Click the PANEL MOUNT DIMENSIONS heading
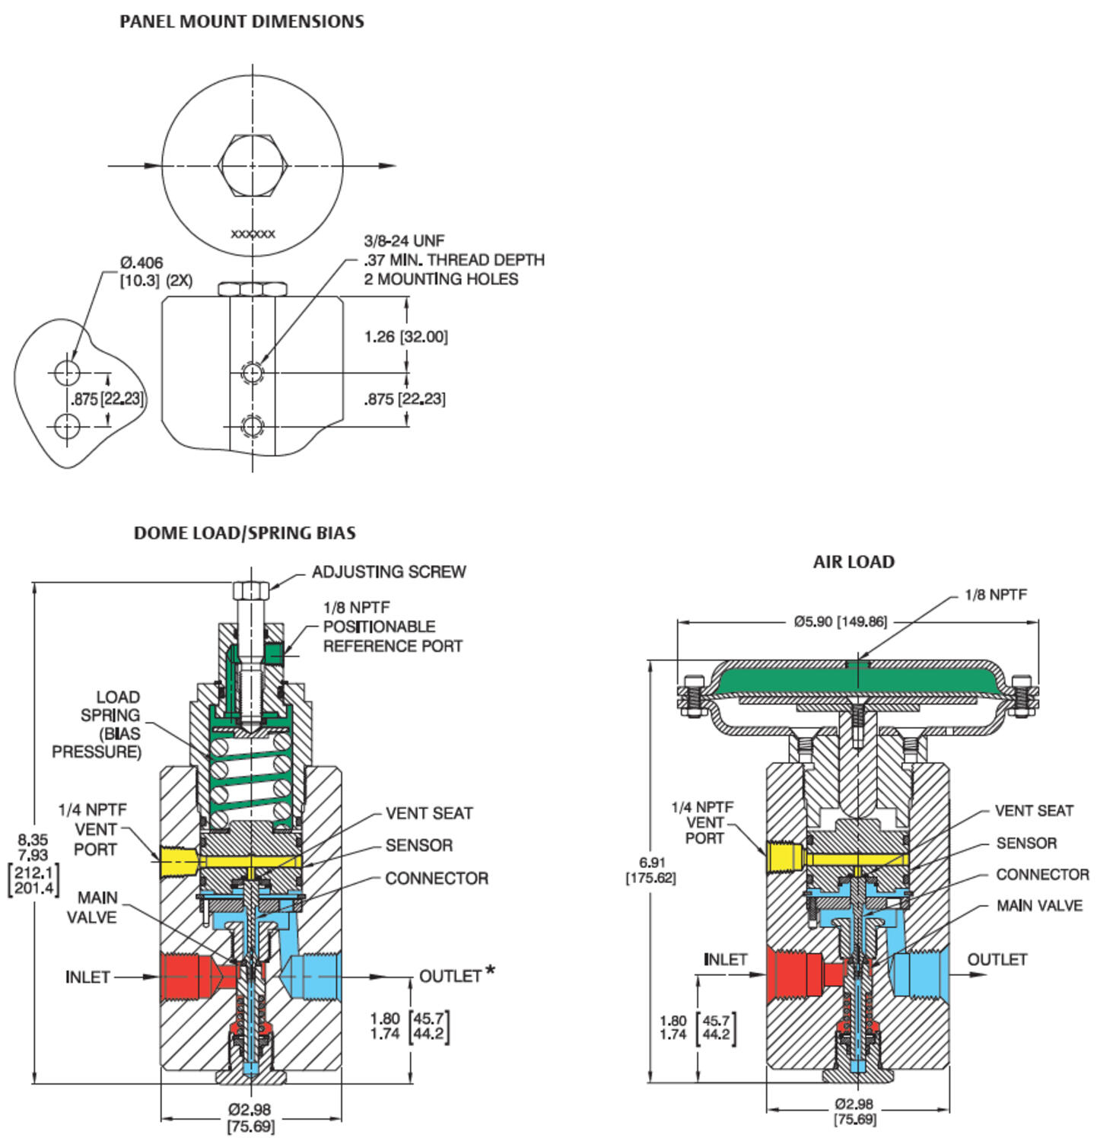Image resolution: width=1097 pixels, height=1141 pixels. [x=242, y=21]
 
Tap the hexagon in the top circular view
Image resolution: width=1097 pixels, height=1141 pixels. [x=252, y=165]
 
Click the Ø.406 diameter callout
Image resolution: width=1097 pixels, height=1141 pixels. [x=141, y=263]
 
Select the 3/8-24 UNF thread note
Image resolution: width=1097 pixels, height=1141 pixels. [x=404, y=241]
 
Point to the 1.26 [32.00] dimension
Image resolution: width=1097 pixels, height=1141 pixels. [x=405, y=336]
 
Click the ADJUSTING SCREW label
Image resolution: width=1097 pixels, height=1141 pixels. [x=389, y=572]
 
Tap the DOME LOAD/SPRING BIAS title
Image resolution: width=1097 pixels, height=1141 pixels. [x=244, y=532]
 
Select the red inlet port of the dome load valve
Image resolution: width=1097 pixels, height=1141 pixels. [x=186, y=975]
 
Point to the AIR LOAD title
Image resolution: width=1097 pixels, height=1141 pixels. [x=854, y=562]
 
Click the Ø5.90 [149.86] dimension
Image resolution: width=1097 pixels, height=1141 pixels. [x=840, y=621]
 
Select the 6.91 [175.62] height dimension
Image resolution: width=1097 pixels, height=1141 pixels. [x=651, y=869]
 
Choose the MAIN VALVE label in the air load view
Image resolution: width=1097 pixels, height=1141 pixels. [x=1039, y=905]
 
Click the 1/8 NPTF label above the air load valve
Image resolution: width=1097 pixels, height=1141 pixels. [x=995, y=595]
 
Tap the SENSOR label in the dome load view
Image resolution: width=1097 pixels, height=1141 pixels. [x=418, y=845]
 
